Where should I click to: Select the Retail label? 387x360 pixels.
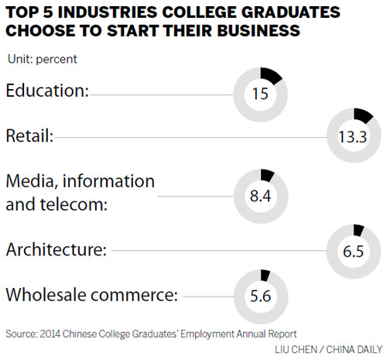click(29, 137)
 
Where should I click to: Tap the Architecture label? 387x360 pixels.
click(56, 249)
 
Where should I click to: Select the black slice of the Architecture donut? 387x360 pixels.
click(358, 229)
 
